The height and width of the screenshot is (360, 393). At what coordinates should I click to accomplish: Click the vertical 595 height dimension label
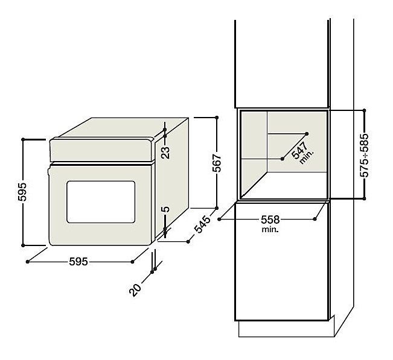click(x=22, y=192)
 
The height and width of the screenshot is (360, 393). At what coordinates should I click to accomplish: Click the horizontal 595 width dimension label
click(x=78, y=262)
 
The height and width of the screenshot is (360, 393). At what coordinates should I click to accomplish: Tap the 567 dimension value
click(x=217, y=163)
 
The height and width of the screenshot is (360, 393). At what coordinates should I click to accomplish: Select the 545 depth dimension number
click(x=202, y=224)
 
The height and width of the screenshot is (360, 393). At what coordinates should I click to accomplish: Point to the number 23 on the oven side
click(x=165, y=153)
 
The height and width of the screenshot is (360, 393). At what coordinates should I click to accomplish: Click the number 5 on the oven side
click(x=165, y=209)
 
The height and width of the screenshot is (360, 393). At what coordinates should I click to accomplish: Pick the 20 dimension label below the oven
click(x=135, y=290)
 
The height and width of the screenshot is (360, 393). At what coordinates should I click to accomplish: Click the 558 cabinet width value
click(x=270, y=219)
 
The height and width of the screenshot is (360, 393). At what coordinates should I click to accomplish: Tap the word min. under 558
click(x=270, y=229)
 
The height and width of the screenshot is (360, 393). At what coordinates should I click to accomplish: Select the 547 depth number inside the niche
click(x=300, y=150)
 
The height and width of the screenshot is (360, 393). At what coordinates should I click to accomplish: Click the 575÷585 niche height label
click(x=365, y=156)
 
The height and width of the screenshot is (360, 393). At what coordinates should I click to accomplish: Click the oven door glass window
click(x=101, y=202)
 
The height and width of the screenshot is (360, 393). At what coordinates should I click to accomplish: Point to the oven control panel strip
click(x=101, y=150)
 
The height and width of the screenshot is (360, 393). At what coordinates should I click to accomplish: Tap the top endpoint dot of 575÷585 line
click(x=364, y=110)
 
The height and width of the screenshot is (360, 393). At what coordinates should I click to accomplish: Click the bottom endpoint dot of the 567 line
click(x=217, y=208)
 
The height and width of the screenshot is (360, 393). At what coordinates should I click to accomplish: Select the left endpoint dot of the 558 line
click(x=219, y=219)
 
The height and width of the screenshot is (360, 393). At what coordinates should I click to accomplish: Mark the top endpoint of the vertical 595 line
click(x=23, y=139)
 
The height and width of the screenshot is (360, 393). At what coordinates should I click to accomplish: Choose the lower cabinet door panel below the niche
click(x=282, y=262)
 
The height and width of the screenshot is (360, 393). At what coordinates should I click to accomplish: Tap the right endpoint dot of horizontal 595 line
click(x=133, y=262)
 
